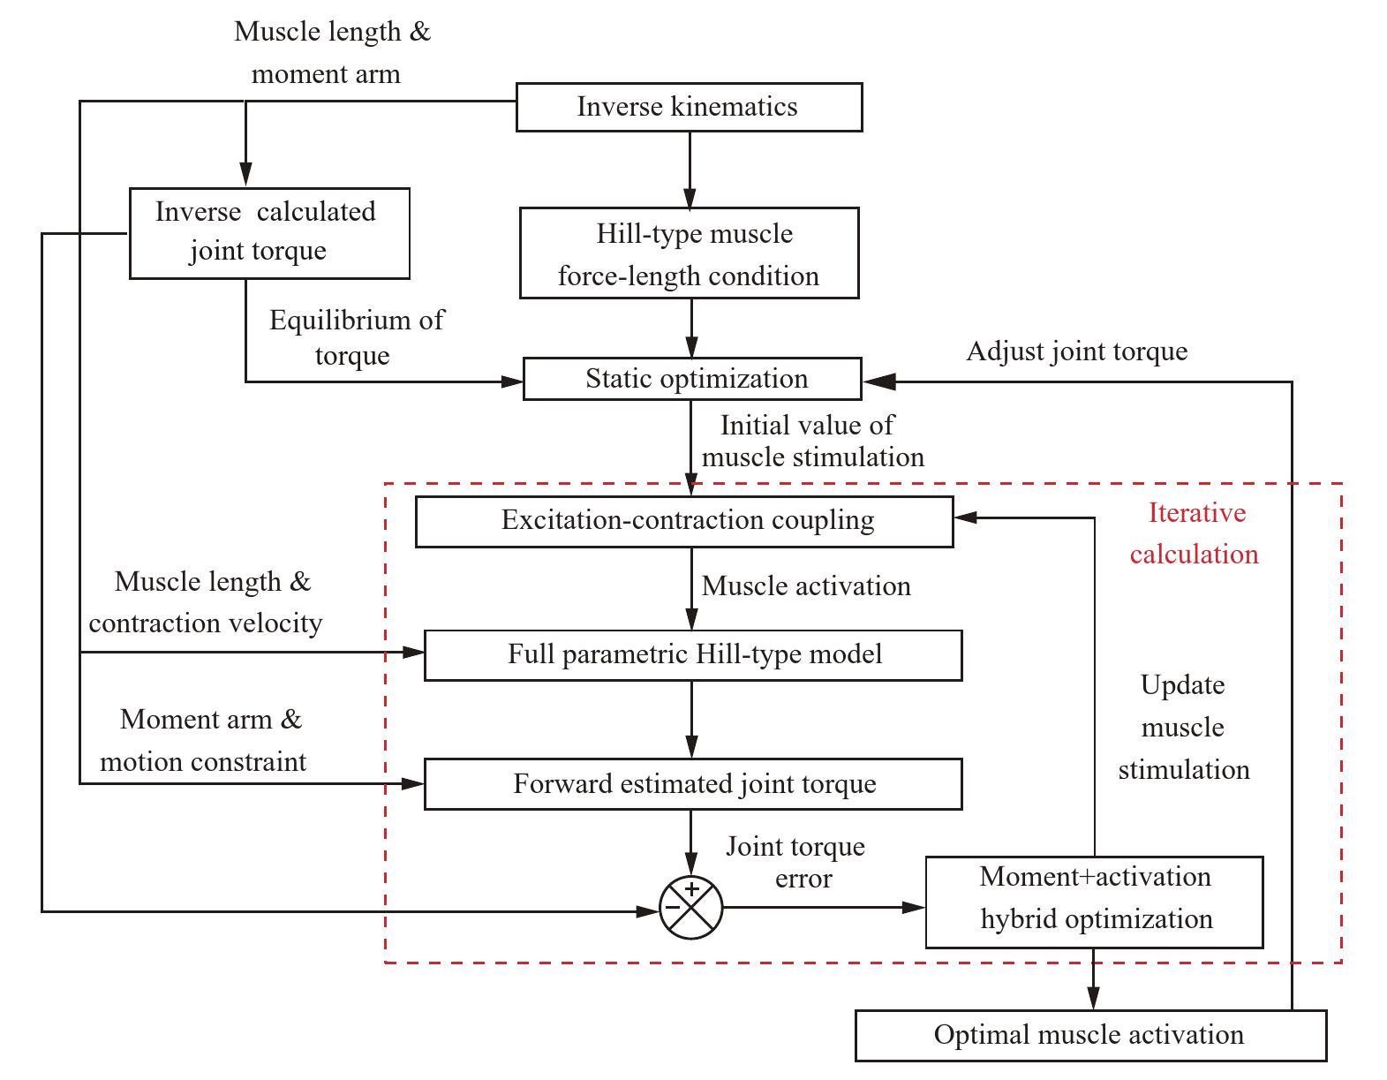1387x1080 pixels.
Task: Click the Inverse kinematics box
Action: [689, 107]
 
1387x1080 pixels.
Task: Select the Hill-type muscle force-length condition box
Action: [689, 253]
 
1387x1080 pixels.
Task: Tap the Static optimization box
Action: [692, 379]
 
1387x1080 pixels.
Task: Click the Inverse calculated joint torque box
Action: [269, 232]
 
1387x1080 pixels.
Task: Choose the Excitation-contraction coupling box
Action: [684, 521]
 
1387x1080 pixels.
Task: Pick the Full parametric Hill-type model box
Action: [693, 655]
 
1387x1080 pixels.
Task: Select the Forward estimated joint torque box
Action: [693, 784]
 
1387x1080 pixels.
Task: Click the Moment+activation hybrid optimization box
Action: [1094, 902]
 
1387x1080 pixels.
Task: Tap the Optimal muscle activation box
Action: [1090, 1035]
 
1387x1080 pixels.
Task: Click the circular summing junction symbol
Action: [691, 908]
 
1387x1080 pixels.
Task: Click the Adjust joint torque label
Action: [1076, 351]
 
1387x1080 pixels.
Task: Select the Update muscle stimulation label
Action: [1183, 727]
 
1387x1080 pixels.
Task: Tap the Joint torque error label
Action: [795, 862]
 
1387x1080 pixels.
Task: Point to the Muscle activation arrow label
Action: [805, 586]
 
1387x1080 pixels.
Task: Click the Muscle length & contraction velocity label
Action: [207, 602]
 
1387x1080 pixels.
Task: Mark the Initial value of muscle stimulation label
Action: [811, 441]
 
